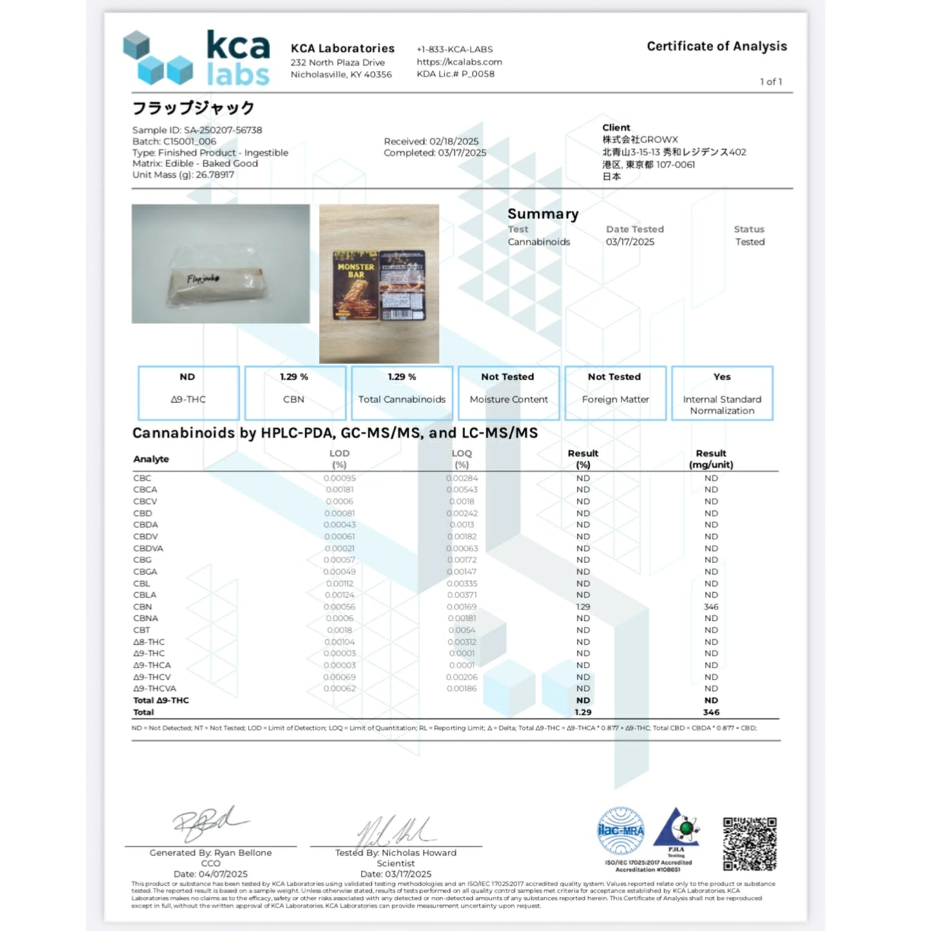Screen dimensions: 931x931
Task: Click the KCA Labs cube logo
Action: [x=158, y=59]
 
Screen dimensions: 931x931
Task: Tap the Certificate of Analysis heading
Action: [x=716, y=46]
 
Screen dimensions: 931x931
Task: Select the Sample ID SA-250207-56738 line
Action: [x=197, y=130]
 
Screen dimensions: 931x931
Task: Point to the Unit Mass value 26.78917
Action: [x=215, y=175]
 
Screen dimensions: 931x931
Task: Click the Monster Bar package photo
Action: [x=379, y=284]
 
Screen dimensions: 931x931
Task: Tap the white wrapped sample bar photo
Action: [x=220, y=264]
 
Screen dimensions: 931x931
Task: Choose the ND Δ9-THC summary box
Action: [x=188, y=393]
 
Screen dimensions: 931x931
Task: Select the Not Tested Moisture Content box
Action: [x=508, y=393]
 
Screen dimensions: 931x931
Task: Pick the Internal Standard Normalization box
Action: [x=722, y=393]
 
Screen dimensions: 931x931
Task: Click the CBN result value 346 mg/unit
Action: [x=711, y=607]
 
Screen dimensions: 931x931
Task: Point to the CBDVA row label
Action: [x=148, y=548]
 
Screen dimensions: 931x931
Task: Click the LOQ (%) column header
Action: [x=461, y=459]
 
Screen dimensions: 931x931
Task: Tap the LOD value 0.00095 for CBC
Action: [x=340, y=478]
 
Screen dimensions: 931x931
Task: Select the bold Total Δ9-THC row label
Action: [x=161, y=700]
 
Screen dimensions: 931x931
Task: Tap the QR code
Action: [x=749, y=844]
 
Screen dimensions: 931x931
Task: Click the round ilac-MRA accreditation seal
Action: [x=620, y=830]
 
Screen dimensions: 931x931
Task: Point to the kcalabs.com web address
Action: [x=459, y=62]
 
